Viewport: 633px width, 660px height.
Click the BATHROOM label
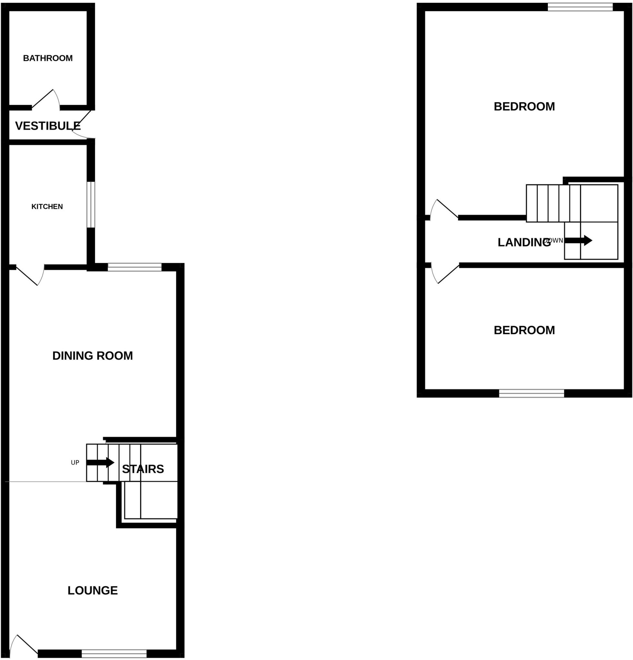[x=47, y=58]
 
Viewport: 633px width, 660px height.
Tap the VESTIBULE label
[x=47, y=126]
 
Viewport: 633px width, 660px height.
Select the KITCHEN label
[x=47, y=207]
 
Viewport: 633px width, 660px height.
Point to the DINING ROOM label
[x=92, y=355]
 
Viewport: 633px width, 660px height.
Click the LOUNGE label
[x=92, y=590]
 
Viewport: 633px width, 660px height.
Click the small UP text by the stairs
[x=75, y=463]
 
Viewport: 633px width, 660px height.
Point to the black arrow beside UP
[x=100, y=462]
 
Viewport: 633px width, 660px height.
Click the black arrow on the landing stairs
[x=578, y=240]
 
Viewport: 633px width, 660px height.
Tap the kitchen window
[x=91, y=205]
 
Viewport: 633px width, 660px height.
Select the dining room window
[x=134, y=267]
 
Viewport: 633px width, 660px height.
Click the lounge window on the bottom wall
[x=114, y=654]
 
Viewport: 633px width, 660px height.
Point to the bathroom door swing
[x=47, y=99]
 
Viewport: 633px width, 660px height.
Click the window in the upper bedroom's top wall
[x=580, y=7]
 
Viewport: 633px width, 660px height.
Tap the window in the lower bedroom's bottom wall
[x=531, y=393]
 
